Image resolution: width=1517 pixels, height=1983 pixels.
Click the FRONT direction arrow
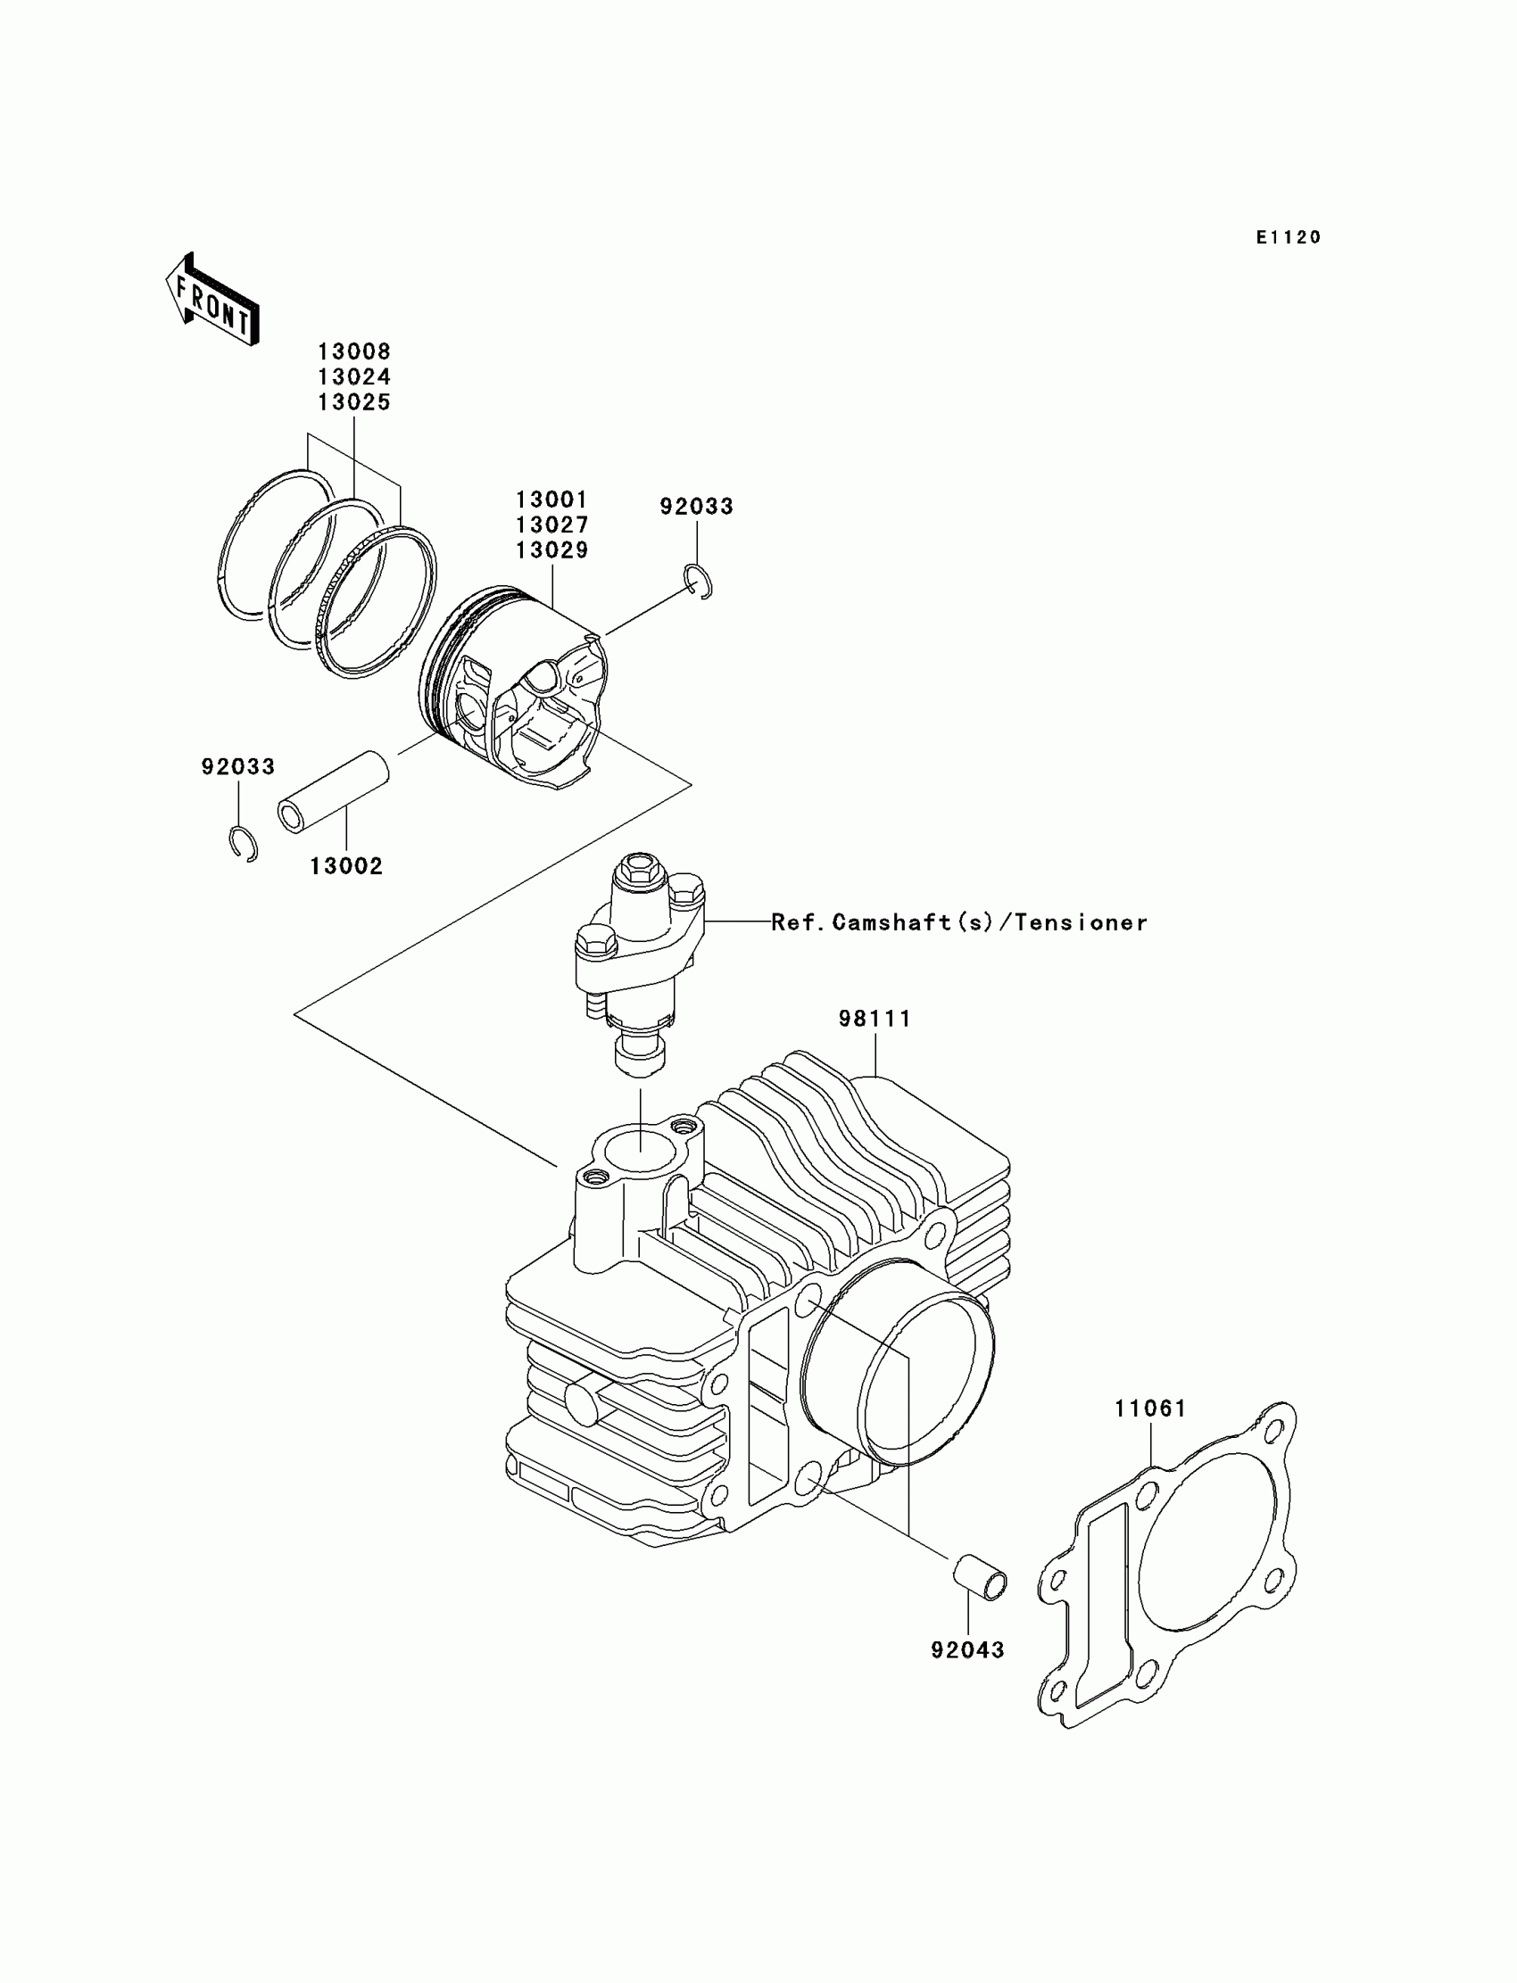click(x=213, y=300)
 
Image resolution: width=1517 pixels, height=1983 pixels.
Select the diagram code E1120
click(x=1289, y=237)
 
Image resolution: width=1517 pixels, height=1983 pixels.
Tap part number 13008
click(x=354, y=351)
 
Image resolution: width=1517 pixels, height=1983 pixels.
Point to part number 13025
click(x=354, y=402)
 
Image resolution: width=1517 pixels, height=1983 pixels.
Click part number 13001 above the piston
click(x=551, y=500)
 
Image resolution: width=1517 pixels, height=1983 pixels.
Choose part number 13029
click(x=551, y=549)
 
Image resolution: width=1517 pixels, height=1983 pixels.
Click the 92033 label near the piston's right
click(x=696, y=507)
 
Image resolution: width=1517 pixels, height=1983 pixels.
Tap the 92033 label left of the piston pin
click(x=237, y=766)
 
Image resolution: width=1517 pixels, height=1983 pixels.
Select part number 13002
click(x=346, y=866)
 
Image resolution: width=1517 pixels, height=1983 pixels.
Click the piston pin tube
click(x=333, y=791)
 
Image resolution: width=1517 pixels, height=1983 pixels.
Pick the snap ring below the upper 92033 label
click(x=699, y=582)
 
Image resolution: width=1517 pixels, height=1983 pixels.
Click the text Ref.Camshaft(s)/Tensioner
click(x=959, y=922)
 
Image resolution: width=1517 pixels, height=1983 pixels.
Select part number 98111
click(x=875, y=1018)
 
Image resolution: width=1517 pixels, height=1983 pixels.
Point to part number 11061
click(x=1149, y=1408)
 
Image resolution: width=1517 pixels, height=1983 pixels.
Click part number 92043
click(x=967, y=1650)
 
